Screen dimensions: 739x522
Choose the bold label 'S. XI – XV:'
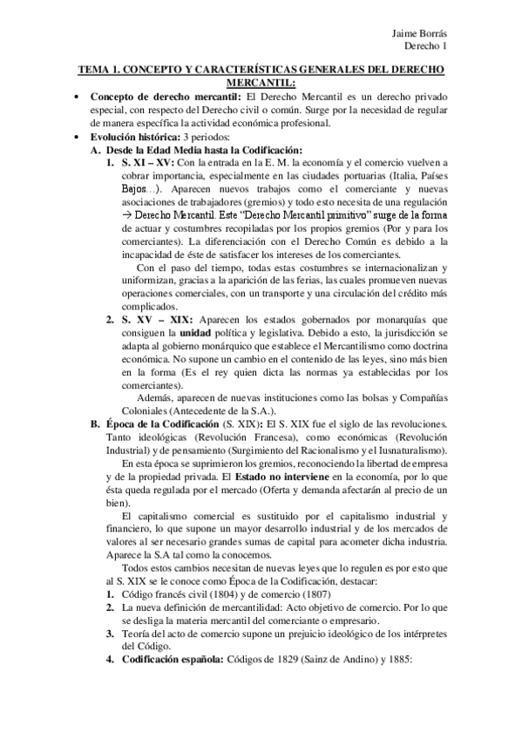tap(148, 163)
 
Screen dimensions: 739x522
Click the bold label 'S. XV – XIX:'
tap(151, 321)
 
